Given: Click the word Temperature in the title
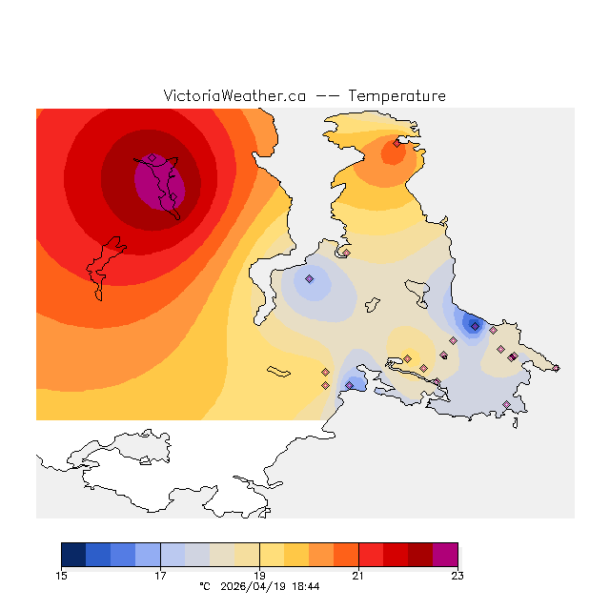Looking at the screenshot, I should (x=396, y=96).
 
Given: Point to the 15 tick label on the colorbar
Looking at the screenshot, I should (x=62, y=575).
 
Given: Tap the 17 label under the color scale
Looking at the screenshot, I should (x=160, y=575).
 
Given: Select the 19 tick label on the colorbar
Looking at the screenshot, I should (x=259, y=575).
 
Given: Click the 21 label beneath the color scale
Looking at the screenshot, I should (x=358, y=575).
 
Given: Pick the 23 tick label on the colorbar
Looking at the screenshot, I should (x=457, y=575).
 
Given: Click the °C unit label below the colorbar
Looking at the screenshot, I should (x=204, y=586).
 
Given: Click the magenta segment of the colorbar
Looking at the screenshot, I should (x=445, y=555).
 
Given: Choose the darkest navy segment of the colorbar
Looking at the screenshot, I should (x=73, y=555).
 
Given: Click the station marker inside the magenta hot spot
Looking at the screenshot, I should (x=152, y=158).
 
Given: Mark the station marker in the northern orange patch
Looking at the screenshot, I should (x=396, y=143).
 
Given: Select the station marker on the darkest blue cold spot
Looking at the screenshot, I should (x=475, y=326).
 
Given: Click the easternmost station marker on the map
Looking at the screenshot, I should (x=557, y=368).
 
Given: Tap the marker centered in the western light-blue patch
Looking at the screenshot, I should (x=309, y=279).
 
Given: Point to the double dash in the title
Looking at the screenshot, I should (x=327, y=96).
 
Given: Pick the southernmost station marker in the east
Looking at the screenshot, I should (x=507, y=405).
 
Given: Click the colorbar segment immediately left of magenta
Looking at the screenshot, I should (x=420, y=555).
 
